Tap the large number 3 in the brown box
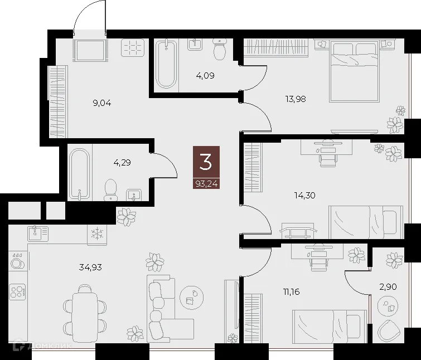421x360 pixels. click(x=206, y=162)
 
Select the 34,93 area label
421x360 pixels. click(x=91, y=267)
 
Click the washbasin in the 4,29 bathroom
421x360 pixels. click(x=134, y=194)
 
